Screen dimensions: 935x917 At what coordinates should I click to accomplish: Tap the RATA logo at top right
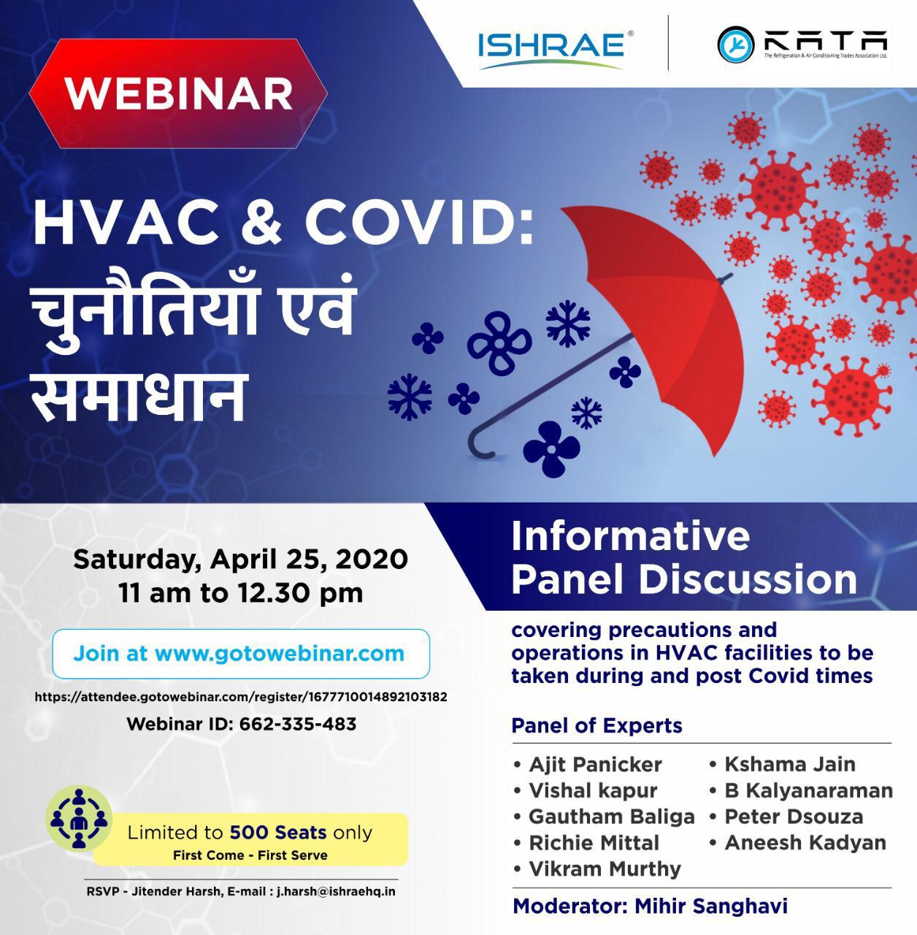pyautogui.click(x=802, y=44)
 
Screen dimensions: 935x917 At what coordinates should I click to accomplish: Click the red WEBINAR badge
pyautogui.click(x=178, y=93)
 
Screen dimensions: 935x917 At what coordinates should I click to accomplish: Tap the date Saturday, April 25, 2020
pyautogui.click(x=240, y=560)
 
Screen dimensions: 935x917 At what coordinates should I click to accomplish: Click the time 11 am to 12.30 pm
pyautogui.click(x=240, y=592)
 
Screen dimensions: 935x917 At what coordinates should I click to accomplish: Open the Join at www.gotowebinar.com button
pyautogui.click(x=239, y=653)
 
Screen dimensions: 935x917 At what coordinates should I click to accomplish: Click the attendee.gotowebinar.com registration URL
pyautogui.click(x=241, y=697)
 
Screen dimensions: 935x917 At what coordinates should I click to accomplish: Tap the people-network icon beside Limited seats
pyautogui.click(x=79, y=819)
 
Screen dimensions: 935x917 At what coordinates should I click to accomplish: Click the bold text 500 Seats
pyautogui.click(x=277, y=832)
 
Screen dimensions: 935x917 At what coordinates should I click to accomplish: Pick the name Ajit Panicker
pyautogui.click(x=595, y=765)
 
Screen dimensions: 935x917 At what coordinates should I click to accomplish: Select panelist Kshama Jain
pyautogui.click(x=789, y=764)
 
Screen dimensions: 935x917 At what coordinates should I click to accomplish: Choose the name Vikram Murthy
pyautogui.click(x=605, y=869)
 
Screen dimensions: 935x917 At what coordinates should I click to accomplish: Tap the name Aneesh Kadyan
pyautogui.click(x=805, y=842)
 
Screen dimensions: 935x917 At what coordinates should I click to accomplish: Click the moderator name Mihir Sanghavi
pyautogui.click(x=710, y=907)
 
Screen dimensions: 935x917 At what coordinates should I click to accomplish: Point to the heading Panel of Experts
pyautogui.click(x=596, y=726)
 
